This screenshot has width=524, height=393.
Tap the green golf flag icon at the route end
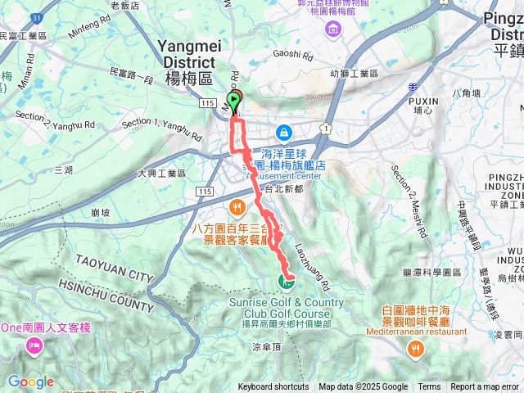coord(287,282)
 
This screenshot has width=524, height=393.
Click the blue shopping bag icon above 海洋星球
coord(282,131)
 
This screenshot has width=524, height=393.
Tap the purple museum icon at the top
coord(332,30)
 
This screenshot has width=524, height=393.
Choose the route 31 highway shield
coord(35,18)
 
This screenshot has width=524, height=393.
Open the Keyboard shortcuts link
coord(273,386)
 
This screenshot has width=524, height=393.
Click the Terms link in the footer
coord(429,386)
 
